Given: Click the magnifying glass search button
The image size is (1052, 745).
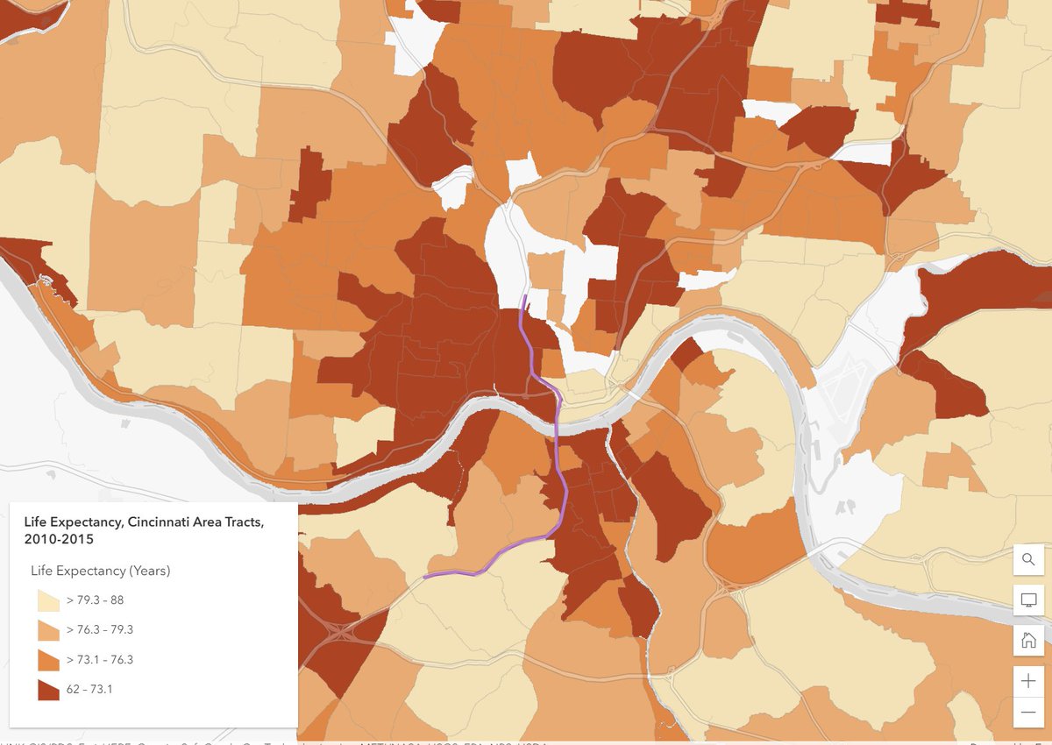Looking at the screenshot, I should point(1028,559).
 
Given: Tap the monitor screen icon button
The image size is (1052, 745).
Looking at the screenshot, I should point(1028,600).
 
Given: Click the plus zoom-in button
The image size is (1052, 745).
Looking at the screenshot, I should point(1028,681).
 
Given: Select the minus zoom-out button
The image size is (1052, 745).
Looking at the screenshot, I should point(1028,713).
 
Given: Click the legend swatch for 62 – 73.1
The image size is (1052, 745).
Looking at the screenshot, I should point(48,690).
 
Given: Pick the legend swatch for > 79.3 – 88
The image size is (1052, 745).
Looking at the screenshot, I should point(48,600).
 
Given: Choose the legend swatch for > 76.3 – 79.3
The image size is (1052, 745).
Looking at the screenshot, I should point(48,630).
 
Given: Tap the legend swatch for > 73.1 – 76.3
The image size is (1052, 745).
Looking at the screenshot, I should point(48,660).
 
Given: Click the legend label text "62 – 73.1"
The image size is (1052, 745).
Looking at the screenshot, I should point(89,690).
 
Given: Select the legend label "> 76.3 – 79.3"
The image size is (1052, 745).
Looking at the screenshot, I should point(100,630).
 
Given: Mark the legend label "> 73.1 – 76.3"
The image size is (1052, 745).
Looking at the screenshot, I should point(100,660).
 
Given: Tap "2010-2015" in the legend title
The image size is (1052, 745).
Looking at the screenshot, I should point(59,539).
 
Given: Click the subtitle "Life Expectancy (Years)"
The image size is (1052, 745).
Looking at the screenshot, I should point(100,571).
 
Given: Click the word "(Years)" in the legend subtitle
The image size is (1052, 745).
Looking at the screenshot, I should point(149,571).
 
